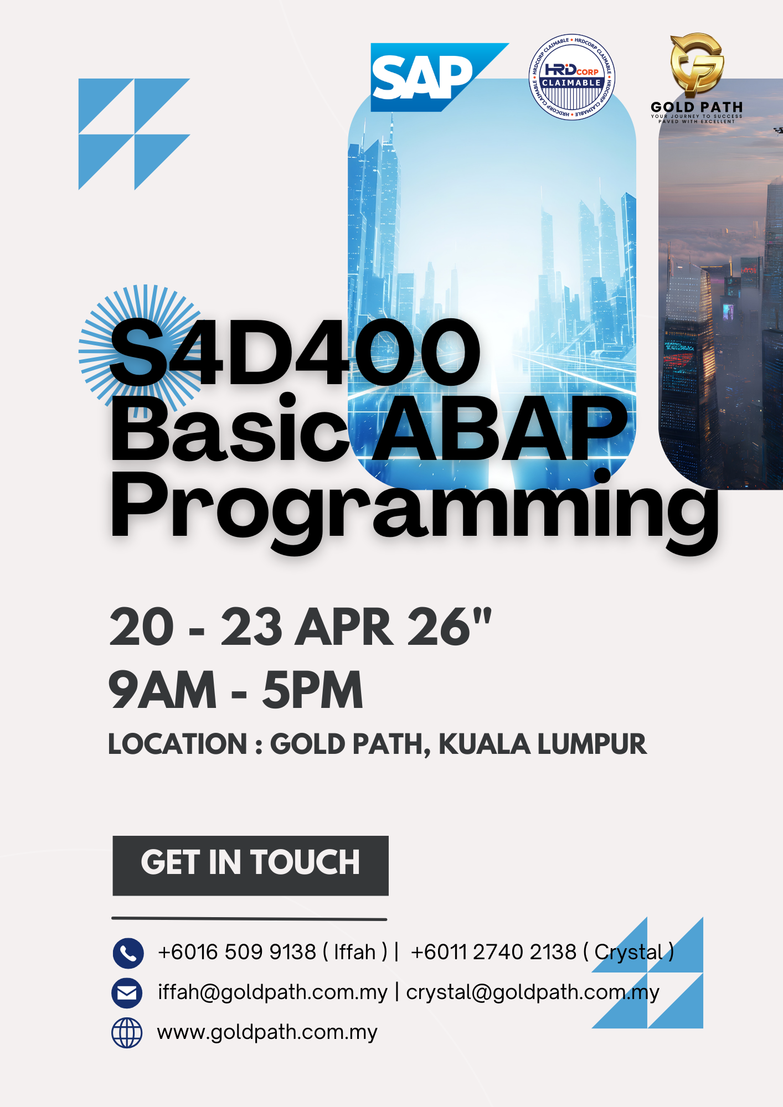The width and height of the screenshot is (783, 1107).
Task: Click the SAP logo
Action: [x=424, y=77]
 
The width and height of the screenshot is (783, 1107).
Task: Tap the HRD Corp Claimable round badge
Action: [x=571, y=77]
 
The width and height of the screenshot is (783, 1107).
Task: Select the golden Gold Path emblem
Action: [x=697, y=64]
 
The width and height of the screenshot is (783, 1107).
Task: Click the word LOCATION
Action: [x=178, y=744]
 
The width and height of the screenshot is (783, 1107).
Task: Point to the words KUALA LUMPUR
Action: [x=542, y=744]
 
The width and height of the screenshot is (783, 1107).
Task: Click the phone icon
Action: [x=128, y=953]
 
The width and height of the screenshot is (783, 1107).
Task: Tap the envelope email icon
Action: [x=127, y=993]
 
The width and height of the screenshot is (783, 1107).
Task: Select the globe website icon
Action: [x=127, y=1033]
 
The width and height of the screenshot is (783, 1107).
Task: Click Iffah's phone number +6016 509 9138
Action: [x=236, y=952]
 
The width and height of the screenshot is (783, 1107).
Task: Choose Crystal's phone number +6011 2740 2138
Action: [x=493, y=952]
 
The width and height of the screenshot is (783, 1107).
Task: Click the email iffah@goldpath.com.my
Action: [x=272, y=992]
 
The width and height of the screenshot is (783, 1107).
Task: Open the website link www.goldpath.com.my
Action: [x=267, y=1032]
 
